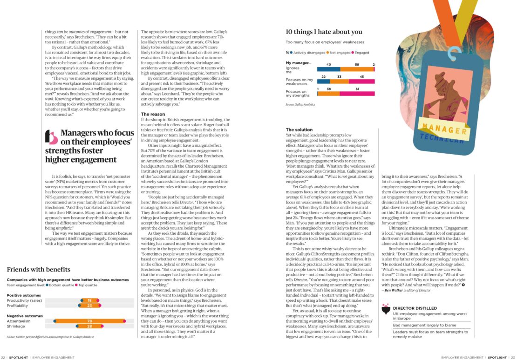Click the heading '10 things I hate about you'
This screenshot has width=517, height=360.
click(x=324, y=32)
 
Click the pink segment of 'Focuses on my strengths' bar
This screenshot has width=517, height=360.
click(x=357, y=94)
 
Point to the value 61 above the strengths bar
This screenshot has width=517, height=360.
click(x=357, y=88)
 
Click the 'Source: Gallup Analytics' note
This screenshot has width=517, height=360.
click(x=300, y=105)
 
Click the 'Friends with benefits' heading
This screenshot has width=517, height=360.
click(x=39, y=269)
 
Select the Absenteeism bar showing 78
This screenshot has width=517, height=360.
click(x=89, y=321)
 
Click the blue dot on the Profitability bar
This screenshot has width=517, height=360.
click(x=82, y=306)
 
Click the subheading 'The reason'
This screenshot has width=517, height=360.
click(x=153, y=114)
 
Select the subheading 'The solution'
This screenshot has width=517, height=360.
click(x=299, y=129)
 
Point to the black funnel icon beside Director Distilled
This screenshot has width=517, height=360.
click(x=385, y=309)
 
